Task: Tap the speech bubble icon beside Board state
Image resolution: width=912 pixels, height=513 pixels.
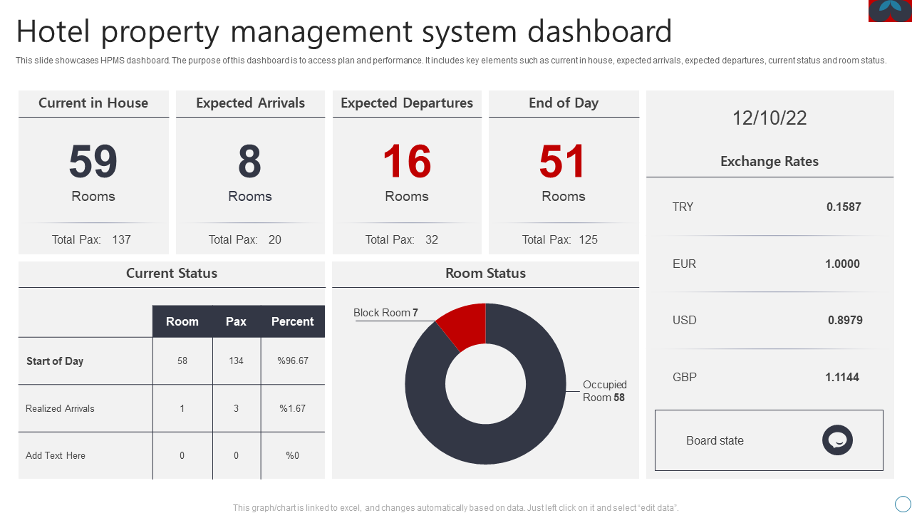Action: click(x=837, y=440)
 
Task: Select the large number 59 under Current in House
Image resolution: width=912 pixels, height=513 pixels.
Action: click(x=93, y=162)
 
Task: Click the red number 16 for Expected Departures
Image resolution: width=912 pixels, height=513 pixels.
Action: click(x=407, y=162)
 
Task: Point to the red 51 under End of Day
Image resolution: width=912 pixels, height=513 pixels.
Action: click(x=563, y=162)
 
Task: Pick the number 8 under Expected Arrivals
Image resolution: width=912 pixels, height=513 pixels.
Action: click(x=250, y=162)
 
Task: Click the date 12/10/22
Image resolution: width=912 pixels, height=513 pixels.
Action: click(x=769, y=118)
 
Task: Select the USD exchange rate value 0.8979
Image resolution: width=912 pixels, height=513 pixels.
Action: click(x=845, y=321)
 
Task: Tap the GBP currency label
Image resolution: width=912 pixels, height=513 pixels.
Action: click(x=685, y=377)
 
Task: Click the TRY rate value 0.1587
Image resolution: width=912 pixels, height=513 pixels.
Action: click(x=844, y=207)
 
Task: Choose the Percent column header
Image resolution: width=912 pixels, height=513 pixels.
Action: click(x=292, y=321)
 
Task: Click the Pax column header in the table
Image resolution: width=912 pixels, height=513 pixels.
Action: click(x=236, y=321)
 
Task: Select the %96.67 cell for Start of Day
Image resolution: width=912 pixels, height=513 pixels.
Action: click(x=293, y=361)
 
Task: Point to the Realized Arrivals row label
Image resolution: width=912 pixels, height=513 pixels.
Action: click(x=60, y=408)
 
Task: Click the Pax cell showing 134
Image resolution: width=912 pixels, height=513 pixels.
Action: click(x=236, y=361)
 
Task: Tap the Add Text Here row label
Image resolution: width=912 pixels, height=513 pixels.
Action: click(x=56, y=456)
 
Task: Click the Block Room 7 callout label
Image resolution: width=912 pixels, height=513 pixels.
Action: click(x=385, y=313)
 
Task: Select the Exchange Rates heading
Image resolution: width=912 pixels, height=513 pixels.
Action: click(x=769, y=162)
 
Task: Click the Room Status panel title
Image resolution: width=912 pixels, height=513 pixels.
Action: click(x=485, y=274)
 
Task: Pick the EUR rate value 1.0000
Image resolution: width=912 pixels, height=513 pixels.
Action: click(x=842, y=264)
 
